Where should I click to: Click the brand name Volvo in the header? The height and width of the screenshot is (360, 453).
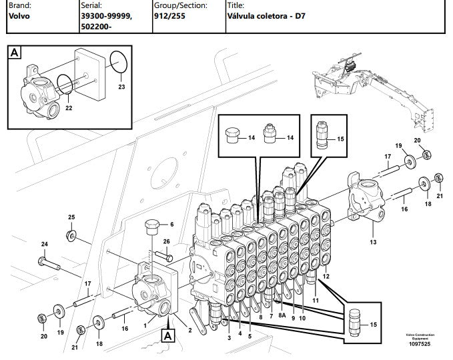(19, 16)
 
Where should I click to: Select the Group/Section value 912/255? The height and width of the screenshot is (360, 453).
(169, 16)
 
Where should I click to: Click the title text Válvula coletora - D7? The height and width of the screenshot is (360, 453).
(266, 16)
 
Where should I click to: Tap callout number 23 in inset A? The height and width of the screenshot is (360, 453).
(121, 87)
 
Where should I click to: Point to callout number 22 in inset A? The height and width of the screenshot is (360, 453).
(69, 108)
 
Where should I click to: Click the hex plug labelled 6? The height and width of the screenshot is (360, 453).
(151, 227)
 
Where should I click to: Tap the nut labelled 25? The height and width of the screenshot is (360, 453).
(71, 236)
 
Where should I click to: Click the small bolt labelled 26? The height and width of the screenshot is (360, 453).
(164, 255)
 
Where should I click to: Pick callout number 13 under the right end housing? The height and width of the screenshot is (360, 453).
(373, 242)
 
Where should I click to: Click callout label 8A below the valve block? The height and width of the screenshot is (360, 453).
(282, 315)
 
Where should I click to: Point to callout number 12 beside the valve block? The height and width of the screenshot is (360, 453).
(326, 276)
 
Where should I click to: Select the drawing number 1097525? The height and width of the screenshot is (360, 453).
(420, 344)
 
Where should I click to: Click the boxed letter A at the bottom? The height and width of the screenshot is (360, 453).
(168, 336)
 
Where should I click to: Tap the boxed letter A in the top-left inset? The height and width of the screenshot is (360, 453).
(15, 53)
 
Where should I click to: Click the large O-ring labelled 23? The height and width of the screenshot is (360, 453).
(119, 63)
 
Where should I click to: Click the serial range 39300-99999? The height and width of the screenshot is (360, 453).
(106, 16)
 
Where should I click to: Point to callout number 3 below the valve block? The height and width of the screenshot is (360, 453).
(229, 338)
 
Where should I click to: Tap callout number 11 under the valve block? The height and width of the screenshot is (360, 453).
(316, 300)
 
